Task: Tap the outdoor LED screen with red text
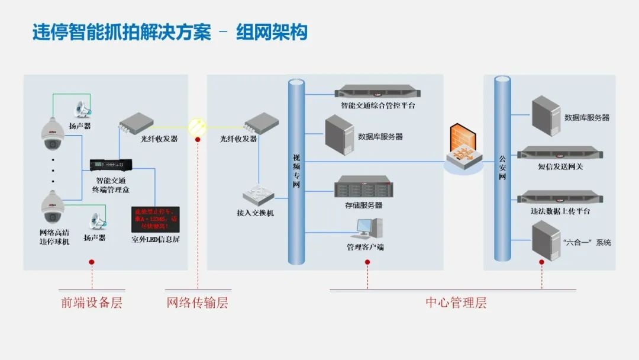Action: pyautogui.click(x=155, y=219)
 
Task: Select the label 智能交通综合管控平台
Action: pyautogui.click(x=377, y=106)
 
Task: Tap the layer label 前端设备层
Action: pyautogui.click(x=92, y=303)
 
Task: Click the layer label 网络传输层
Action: pyautogui.click(x=197, y=303)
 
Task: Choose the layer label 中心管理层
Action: pyautogui.click(x=456, y=303)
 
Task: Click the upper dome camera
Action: pyautogui.click(x=52, y=134)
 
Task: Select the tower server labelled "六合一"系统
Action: pyautogui.click(x=544, y=239)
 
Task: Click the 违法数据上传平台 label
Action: pyautogui.click(x=560, y=211)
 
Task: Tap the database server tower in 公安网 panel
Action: pyautogui.click(x=544, y=115)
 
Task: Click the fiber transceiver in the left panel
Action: pyautogui.click(x=135, y=123)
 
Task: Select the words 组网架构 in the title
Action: pyautogui.click(x=272, y=31)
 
